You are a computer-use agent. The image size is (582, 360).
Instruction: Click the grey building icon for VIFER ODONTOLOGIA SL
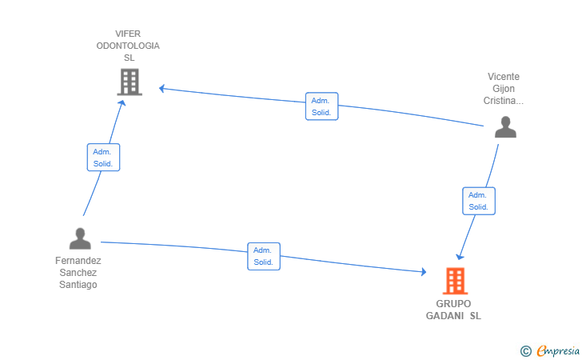click(130, 82)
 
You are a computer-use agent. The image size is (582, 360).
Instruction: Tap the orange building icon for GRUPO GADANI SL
click(455, 281)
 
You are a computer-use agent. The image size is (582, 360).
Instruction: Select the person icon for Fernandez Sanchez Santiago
click(80, 238)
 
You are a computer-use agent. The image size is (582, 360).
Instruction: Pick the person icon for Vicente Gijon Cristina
click(505, 127)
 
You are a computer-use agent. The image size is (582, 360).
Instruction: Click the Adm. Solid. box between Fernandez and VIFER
click(103, 157)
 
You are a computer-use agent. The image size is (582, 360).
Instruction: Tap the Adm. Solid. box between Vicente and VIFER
click(321, 106)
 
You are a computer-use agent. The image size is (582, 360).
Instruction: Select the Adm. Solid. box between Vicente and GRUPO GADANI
click(478, 201)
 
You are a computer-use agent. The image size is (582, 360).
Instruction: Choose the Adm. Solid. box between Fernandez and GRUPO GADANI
click(264, 256)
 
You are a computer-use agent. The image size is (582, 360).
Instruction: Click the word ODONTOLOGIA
click(128, 46)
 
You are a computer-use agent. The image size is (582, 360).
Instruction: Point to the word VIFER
click(128, 34)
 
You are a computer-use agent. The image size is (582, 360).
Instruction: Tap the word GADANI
click(444, 316)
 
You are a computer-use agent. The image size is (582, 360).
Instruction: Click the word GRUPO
click(453, 304)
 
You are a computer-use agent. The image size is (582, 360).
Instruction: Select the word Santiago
click(78, 285)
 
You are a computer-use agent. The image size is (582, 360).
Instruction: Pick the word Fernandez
click(78, 261)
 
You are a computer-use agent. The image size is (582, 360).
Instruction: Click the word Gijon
click(504, 89)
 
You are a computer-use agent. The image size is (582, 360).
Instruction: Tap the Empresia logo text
click(558, 350)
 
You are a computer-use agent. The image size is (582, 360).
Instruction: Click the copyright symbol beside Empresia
click(525, 351)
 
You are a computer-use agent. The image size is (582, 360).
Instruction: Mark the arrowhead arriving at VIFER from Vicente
click(161, 89)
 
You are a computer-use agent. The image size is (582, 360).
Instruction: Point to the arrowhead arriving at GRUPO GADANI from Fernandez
click(424, 271)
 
